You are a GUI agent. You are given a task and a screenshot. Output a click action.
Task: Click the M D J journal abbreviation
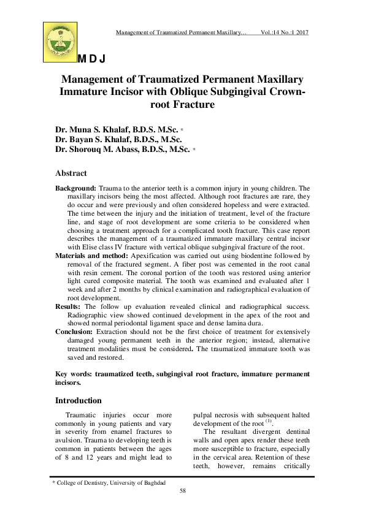tap(92, 59)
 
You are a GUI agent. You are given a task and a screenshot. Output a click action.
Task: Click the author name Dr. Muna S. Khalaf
tap(117, 131)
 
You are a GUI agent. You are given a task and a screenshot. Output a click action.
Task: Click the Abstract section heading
tap(71, 173)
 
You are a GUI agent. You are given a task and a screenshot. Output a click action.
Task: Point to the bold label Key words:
tap(75, 374)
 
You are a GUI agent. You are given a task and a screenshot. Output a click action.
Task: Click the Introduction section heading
tap(79, 400)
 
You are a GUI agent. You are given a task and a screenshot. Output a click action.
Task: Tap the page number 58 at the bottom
tap(182, 491)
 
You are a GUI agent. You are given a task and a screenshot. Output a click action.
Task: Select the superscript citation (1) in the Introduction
tap(267, 422)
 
